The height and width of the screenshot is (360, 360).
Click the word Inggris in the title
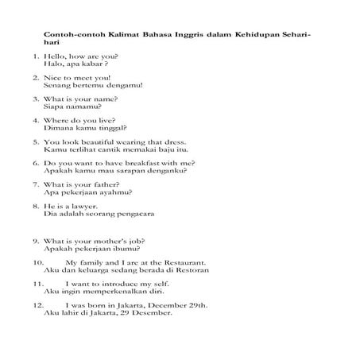pyautogui.click(x=169, y=36)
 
